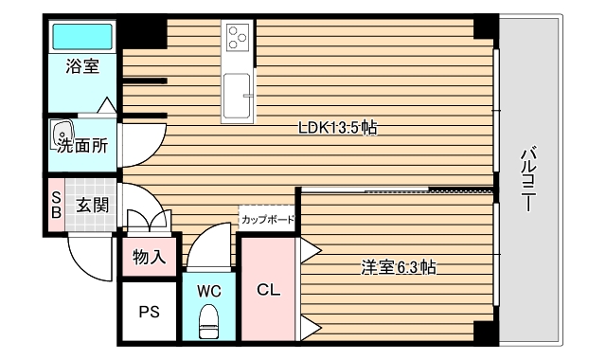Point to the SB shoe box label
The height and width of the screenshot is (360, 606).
[55, 204]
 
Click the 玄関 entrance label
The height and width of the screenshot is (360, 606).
[92, 204]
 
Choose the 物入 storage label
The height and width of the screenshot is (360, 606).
[149, 256]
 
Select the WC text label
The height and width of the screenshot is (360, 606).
[209, 291]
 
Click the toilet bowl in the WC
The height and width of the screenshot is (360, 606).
[209, 322]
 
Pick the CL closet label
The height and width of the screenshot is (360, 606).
[268, 290]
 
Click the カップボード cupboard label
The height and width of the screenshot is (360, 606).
[267, 220]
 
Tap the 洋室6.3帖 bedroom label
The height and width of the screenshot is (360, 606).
[398, 267]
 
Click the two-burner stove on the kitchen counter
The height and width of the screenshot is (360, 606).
[238, 39]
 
